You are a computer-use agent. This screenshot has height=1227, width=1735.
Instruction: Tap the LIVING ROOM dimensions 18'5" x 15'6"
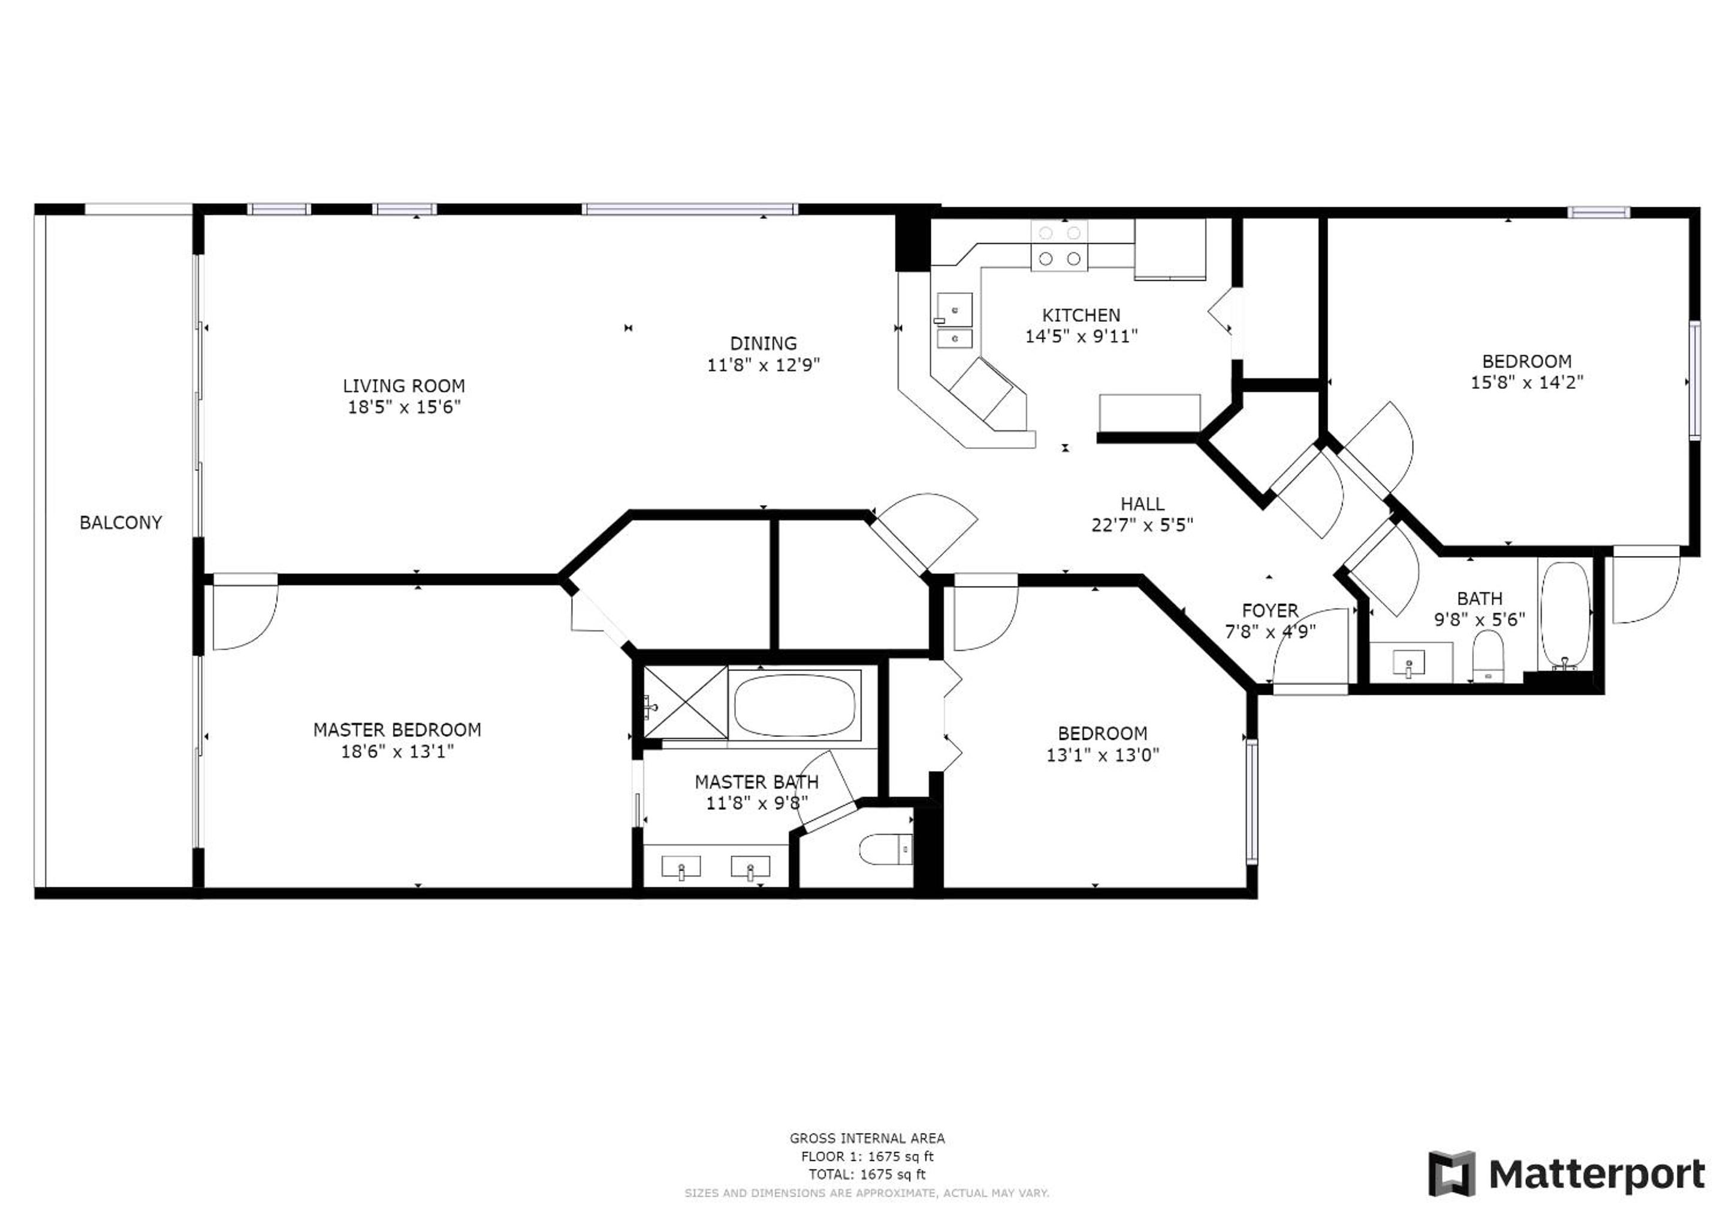(x=405, y=407)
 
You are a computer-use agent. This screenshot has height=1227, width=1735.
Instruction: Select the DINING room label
(x=763, y=344)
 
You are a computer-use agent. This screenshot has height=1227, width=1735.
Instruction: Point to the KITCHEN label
(x=1081, y=315)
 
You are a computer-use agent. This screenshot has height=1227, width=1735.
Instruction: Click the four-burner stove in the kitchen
(x=1060, y=246)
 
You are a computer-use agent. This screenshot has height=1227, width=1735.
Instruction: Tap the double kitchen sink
(x=955, y=321)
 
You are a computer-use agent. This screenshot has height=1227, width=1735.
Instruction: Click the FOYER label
(x=1271, y=611)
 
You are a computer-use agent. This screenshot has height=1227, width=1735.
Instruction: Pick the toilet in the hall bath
(x=1489, y=656)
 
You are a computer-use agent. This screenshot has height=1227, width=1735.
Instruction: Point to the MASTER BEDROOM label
(x=397, y=730)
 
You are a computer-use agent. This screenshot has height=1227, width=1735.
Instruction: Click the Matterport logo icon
(x=1452, y=1174)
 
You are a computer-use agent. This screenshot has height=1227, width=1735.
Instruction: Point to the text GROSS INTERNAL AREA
(x=868, y=1138)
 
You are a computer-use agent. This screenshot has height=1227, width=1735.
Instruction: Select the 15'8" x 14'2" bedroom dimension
(x=1527, y=383)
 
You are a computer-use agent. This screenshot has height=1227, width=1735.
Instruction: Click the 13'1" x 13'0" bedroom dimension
(x=1103, y=755)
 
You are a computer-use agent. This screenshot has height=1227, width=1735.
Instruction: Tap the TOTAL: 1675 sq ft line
(x=868, y=1174)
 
